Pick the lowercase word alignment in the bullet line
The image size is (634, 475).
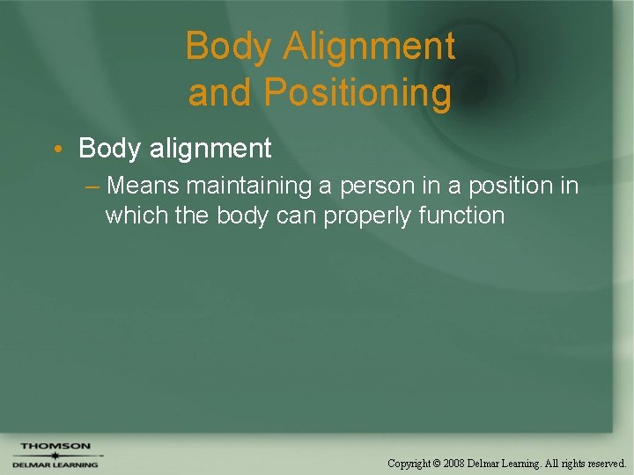[210, 149]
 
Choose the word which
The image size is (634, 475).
[136, 216]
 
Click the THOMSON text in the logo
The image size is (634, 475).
[55, 446]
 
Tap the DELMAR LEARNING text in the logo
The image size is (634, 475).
[55, 464]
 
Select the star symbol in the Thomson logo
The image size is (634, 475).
[54, 455]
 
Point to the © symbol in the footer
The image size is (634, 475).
[438, 463]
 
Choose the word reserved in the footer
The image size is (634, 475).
[602, 463]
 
